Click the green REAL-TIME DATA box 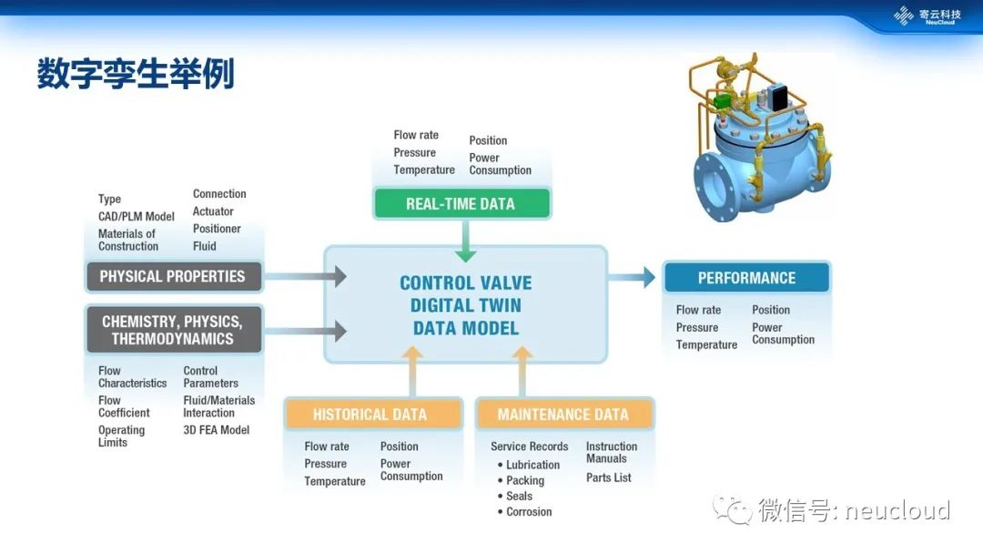click(x=461, y=204)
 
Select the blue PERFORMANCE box click(x=746, y=278)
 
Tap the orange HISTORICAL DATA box click(x=370, y=415)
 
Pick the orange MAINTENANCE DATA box click(x=563, y=415)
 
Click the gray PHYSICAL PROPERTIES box click(x=173, y=276)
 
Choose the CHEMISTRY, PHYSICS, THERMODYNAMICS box click(x=173, y=330)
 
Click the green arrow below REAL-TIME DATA click(x=465, y=241)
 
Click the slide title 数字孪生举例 click(x=136, y=74)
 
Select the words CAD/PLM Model click(x=137, y=217)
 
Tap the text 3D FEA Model click(x=216, y=430)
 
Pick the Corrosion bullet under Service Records click(x=529, y=512)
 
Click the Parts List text click(x=608, y=477)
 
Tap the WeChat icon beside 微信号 click(x=733, y=510)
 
